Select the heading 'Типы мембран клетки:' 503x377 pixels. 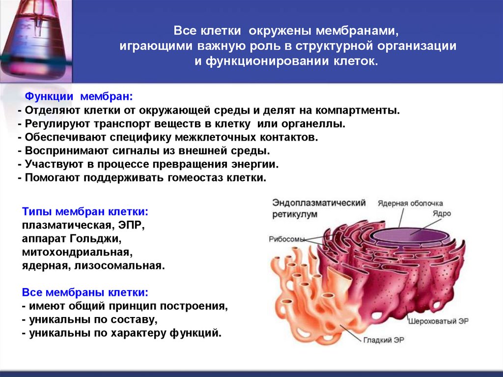(85, 212)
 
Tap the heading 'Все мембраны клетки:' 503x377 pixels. (85, 292)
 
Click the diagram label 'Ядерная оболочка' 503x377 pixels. (410, 203)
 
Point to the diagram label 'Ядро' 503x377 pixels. (442, 214)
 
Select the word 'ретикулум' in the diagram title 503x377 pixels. (295, 215)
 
